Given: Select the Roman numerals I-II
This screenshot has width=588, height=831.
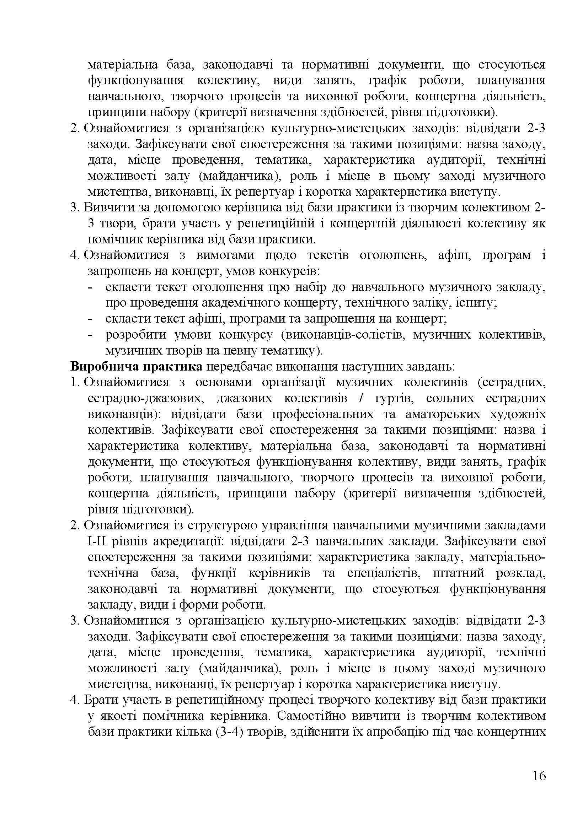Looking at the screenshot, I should [96, 541].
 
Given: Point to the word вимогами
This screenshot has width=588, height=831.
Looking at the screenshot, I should [225, 255].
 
